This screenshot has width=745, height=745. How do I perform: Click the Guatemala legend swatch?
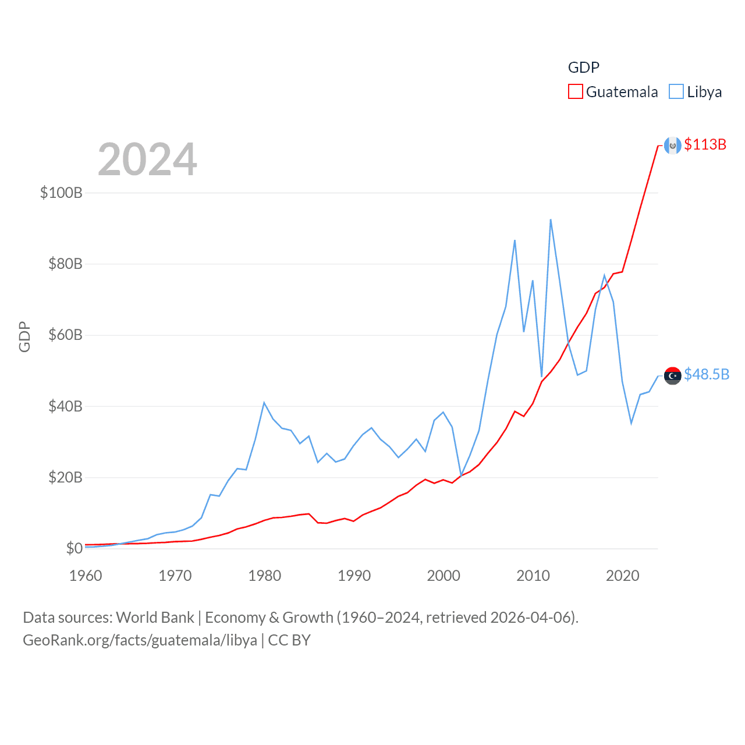[575, 92]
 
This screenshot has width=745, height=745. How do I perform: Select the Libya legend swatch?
[676, 92]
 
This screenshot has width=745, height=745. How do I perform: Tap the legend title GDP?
[583, 68]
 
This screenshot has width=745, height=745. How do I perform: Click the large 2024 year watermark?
[147, 159]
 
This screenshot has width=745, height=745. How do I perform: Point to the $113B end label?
[705, 144]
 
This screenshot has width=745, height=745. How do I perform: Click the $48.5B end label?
[706, 374]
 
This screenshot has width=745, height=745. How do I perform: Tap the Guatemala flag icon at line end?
[672, 146]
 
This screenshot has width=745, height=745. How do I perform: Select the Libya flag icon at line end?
[672, 376]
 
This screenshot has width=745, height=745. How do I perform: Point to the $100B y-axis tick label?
[61, 193]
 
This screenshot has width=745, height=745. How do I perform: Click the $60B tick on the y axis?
[65, 335]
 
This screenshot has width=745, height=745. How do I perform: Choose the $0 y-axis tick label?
[74, 548]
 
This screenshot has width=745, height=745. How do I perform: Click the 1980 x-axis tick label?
[264, 576]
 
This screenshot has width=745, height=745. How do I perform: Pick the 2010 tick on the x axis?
[533, 576]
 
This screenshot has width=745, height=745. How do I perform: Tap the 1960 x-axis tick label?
[86, 576]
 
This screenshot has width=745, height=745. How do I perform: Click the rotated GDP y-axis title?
[24, 336]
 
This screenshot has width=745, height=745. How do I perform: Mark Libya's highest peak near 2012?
[551, 220]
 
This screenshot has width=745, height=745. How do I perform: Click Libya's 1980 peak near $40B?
[264, 403]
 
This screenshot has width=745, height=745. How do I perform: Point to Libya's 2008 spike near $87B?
[515, 240]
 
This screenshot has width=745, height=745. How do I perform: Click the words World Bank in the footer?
[155, 618]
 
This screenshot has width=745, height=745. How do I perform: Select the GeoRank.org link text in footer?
[140, 640]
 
